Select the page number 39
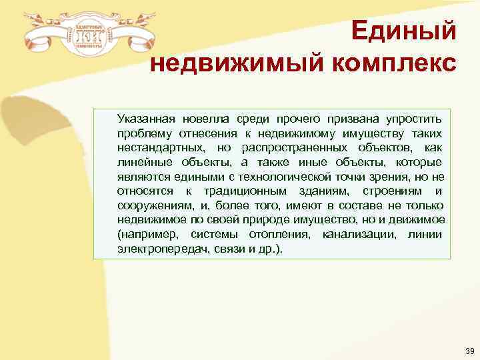[469, 351]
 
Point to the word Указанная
[147, 119]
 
